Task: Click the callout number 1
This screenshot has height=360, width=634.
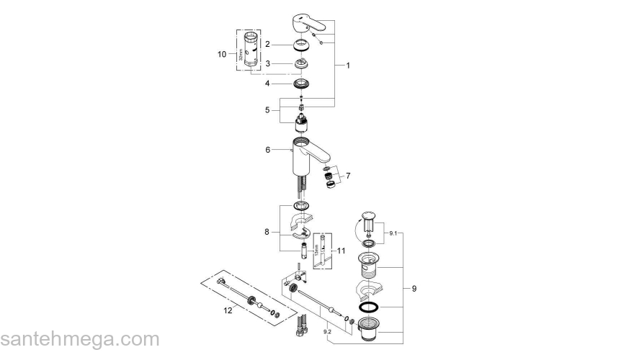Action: click(348, 65)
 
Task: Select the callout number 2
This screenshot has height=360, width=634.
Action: click(267, 44)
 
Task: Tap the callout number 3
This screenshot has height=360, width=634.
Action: click(267, 63)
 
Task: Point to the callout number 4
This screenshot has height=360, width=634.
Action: click(267, 84)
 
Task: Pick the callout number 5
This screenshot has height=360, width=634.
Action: click(267, 110)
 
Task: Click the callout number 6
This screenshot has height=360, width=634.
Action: click(267, 150)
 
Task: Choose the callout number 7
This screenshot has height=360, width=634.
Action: click(349, 175)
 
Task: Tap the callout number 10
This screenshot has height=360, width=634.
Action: click(222, 54)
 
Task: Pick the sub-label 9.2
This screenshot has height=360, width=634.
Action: click(328, 331)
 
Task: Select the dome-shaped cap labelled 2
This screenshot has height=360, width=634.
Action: click(301, 44)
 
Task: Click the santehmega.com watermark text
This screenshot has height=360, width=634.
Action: click(79, 338)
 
